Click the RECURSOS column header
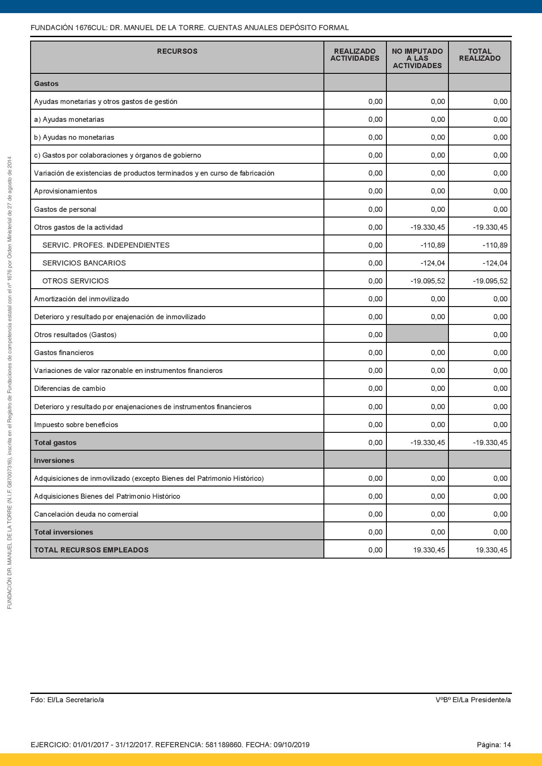[x=177, y=52]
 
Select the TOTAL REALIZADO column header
[x=479, y=55]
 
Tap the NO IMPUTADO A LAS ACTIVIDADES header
[x=417, y=59]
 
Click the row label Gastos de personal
[x=65, y=209]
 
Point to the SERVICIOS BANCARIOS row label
[x=84, y=263]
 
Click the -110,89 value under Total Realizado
[x=495, y=245]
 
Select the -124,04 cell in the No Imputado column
[x=432, y=263]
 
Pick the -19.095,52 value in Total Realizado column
[x=490, y=281]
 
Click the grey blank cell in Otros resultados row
[x=417, y=335]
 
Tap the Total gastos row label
[x=55, y=442]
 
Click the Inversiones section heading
[x=54, y=460]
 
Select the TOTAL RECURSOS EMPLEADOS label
[x=91, y=550]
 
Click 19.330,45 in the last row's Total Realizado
[x=491, y=550]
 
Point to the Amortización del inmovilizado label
[x=81, y=299]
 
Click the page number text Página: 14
[x=493, y=745]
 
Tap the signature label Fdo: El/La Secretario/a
[x=67, y=700]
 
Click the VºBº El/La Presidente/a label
[x=473, y=700]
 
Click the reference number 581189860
[x=223, y=745]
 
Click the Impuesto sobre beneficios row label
[x=76, y=424]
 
